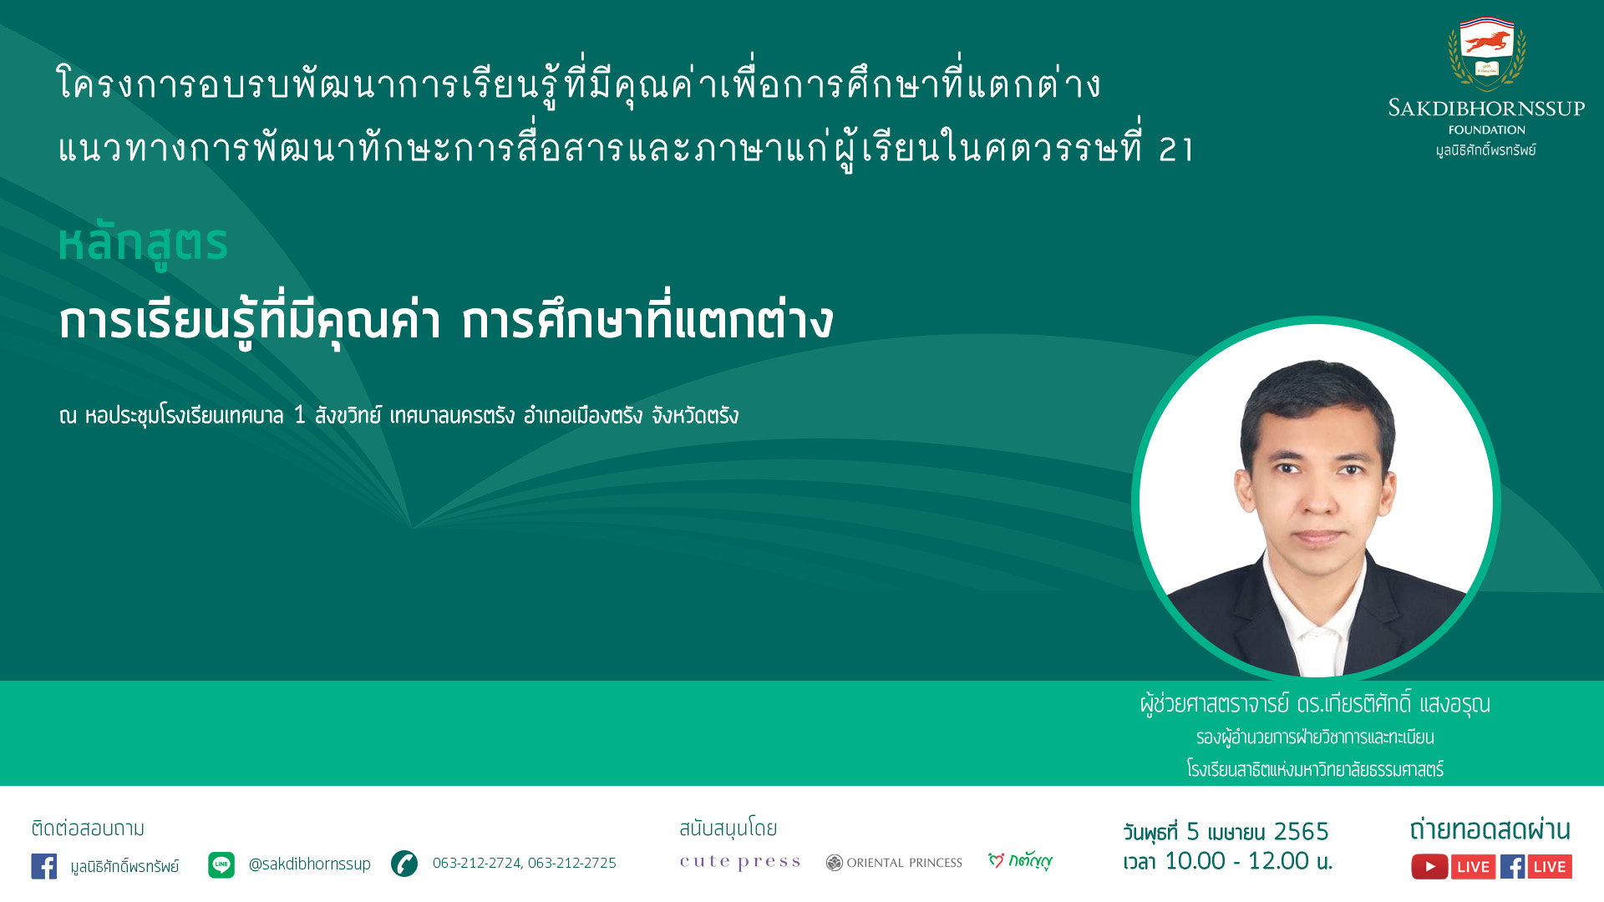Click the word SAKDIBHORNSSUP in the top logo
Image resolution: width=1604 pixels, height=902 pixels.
pos(1486,108)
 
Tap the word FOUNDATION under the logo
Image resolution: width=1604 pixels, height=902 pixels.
pos(1487,129)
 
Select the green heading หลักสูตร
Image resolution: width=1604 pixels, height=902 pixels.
pos(143,244)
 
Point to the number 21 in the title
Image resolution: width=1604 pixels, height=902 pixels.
pos(1176,149)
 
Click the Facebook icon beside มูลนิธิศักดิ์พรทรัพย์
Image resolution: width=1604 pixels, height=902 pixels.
pos(44,866)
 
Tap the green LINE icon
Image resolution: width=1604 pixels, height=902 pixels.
pos(221,865)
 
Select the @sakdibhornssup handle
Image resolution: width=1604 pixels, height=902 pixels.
pos(309,864)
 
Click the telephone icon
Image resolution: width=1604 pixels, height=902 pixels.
pos(404,864)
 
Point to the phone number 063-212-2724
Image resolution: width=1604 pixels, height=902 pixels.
pos(476,863)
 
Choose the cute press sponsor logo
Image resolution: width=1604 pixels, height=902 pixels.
pos(740,862)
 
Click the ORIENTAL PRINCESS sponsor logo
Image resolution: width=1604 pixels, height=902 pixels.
pos(894,863)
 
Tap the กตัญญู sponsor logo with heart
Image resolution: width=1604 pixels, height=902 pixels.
pos(1020,860)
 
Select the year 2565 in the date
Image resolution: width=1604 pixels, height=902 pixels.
pos(1301,832)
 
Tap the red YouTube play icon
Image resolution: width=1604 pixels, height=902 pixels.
pos(1429,867)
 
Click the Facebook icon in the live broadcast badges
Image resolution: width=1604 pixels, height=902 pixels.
pos(1512,867)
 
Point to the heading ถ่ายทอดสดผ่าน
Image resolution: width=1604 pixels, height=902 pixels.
pos(1490,829)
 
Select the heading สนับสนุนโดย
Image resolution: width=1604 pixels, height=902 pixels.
pos(728,829)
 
